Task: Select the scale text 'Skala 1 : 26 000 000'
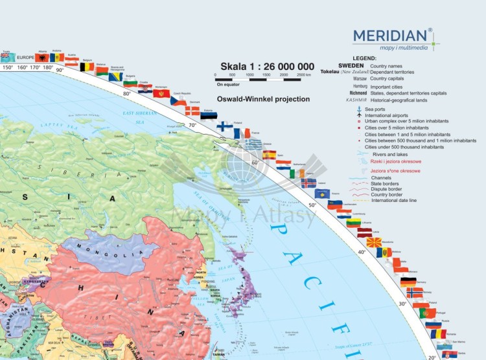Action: click(268, 67)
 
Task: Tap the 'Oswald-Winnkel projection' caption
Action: click(264, 99)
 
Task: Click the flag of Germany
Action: click(408, 282)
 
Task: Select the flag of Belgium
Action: click(87, 66)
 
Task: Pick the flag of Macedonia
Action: click(374, 242)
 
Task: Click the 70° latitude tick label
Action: click(192, 125)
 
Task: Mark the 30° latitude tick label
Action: click(402, 304)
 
